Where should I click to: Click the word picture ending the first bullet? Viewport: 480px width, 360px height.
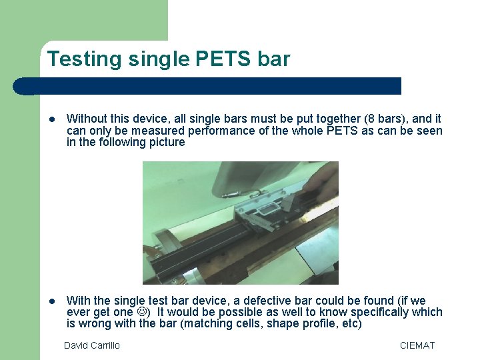163,142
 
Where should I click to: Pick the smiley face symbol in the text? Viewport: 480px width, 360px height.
144,312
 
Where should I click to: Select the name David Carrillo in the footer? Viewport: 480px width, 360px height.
92,345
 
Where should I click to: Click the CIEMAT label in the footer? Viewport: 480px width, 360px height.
417,345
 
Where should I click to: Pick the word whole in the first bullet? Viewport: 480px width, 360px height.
305,131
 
